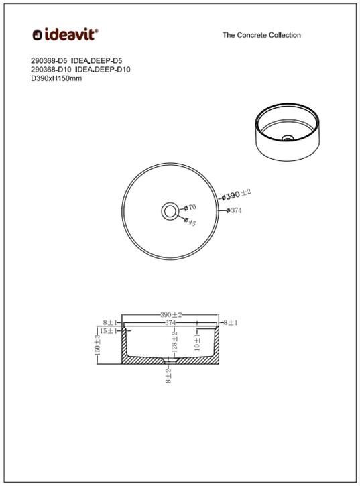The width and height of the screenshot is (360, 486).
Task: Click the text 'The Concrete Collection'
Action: [261, 35]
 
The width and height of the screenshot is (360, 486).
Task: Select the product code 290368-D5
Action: [49, 60]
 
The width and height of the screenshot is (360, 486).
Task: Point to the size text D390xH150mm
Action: [56, 78]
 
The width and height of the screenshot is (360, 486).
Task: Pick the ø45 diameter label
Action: [192, 222]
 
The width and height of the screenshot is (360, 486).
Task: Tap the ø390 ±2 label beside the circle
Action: [237, 194]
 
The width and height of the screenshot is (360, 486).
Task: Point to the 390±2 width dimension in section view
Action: [171, 314]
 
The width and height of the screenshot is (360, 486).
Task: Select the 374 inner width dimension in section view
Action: [171, 322]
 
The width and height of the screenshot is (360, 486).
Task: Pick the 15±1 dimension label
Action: [109, 331]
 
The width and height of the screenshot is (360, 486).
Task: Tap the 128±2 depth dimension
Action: [174, 342]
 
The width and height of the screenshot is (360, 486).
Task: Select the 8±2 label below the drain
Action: [168, 375]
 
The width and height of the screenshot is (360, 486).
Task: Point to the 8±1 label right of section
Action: [231, 322]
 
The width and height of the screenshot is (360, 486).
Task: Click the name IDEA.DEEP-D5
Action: [97, 60]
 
